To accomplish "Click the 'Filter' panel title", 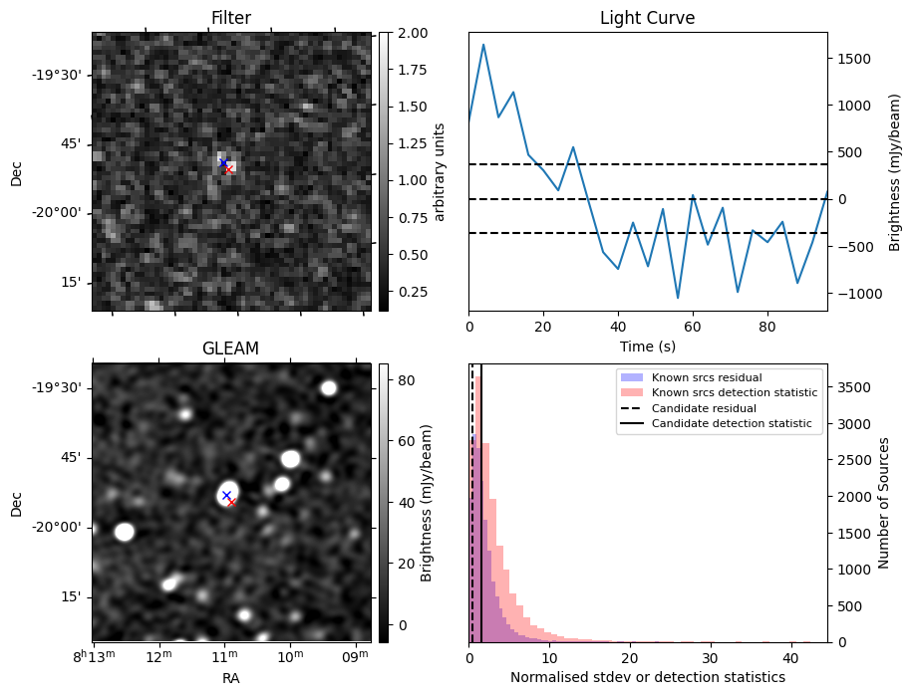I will (231, 18).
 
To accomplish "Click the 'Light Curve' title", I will (647, 18).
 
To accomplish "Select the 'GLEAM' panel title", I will (231, 348).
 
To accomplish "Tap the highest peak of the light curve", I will (483, 44).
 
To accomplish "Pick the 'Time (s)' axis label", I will (647, 345).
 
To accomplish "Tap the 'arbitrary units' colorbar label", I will (440, 171).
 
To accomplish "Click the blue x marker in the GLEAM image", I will (226, 495).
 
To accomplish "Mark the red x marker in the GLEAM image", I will (231, 503).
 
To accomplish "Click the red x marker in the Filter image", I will (228, 169).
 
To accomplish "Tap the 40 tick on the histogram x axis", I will (790, 658).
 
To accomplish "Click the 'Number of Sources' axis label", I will (883, 503).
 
